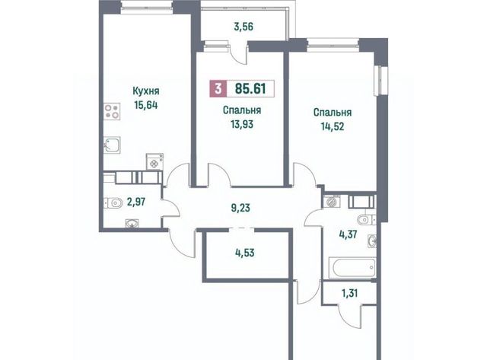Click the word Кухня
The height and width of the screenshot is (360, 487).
(x=146, y=91)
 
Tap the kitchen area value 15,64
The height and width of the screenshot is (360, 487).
(x=146, y=105)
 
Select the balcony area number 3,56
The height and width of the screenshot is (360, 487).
(x=243, y=27)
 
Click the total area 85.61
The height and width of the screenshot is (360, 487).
(x=250, y=88)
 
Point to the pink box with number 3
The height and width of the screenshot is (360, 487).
(x=218, y=89)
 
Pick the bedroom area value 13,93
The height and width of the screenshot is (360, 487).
(x=242, y=124)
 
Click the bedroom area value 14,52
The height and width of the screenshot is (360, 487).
(x=333, y=126)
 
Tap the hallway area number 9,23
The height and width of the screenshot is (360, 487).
(x=240, y=208)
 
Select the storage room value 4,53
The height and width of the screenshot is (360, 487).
(x=245, y=253)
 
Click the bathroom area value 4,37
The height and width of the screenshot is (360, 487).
(x=348, y=234)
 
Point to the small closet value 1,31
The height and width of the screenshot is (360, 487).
(x=350, y=293)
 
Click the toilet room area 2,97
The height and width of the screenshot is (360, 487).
(x=136, y=202)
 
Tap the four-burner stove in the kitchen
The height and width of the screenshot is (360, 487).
(x=112, y=112)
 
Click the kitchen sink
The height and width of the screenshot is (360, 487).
(x=112, y=145)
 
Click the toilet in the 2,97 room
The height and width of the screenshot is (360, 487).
(x=113, y=203)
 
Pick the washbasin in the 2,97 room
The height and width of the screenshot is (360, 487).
(x=132, y=223)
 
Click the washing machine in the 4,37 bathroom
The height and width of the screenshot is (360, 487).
(x=332, y=202)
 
